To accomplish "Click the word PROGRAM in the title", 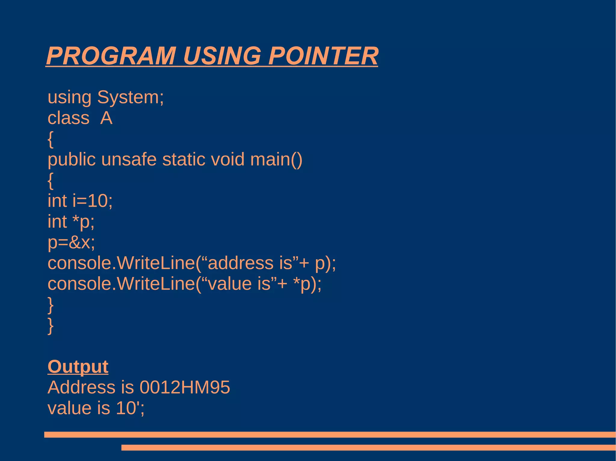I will click(111, 56).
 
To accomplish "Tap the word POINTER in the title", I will click(323, 56).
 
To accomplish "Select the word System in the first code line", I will click(130, 97).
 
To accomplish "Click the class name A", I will click(106, 118).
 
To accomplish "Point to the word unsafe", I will click(129, 159).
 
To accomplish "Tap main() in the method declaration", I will click(276, 159).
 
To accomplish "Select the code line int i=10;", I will click(80, 201).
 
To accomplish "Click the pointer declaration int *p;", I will click(71, 222).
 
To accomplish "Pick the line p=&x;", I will click(71, 242).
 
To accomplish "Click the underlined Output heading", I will click(78, 367).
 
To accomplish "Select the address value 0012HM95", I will click(185, 387).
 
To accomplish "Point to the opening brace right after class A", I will click(51, 139).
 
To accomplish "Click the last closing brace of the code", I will click(51, 326).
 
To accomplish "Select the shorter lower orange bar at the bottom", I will click(368, 447).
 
